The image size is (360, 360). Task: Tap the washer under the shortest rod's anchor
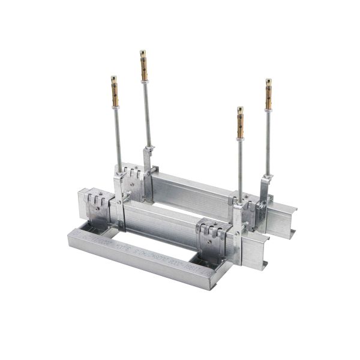240,139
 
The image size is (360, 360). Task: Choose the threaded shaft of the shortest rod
240,168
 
